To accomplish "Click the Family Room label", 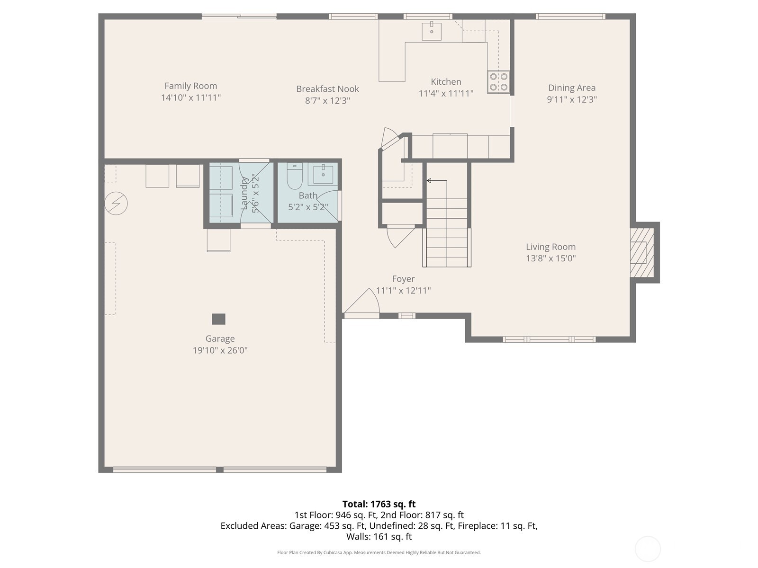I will pyautogui.click(x=190, y=86).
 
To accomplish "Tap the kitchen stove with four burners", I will pyautogui.click(x=498, y=81).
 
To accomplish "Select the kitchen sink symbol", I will pyautogui.click(x=432, y=31).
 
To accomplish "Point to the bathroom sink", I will pyautogui.click(x=324, y=174).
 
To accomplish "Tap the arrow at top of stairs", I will pyautogui.click(x=429, y=180).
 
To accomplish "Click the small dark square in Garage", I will pyautogui.click(x=218, y=319).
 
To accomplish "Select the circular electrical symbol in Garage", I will pyautogui.click(x=116, y=204).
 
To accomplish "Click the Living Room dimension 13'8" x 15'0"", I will pyautogui.click(x=550, y=258).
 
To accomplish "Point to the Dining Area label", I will pyautogui.click(x=572, y=88).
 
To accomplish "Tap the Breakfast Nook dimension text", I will pyautogui.click(x=327, y=100).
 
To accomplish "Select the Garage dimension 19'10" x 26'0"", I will pyautogui.click(x=220, y=350).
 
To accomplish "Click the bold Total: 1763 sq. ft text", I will pyautogui.click(x=379, y=504).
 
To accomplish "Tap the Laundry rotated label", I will pyautogui.click(x=244, y=193).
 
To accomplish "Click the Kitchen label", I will pyautogui.click(x=446, y=81).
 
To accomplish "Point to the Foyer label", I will pyautogui.click(x=403, y=279).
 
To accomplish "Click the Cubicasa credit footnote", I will pyautogui.click(x=379, y=552).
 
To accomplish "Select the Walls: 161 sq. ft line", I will pyautogui.click(x=379, y=537).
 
